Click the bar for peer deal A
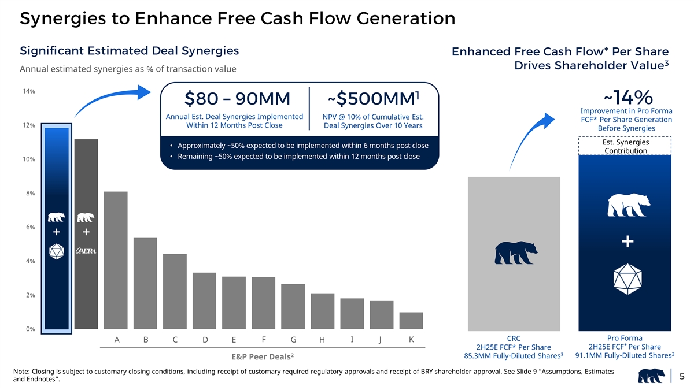[116, 260]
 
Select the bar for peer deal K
[411, 321]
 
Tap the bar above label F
[263, 303]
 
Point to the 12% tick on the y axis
[27, 125]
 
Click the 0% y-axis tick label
[29, 329]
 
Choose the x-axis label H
[323, 340]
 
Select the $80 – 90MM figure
[237, 100]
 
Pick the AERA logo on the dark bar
[86, 251]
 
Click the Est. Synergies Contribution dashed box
[625, 146]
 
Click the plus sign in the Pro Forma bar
[625, 241]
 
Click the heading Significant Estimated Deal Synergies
[130, 51]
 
